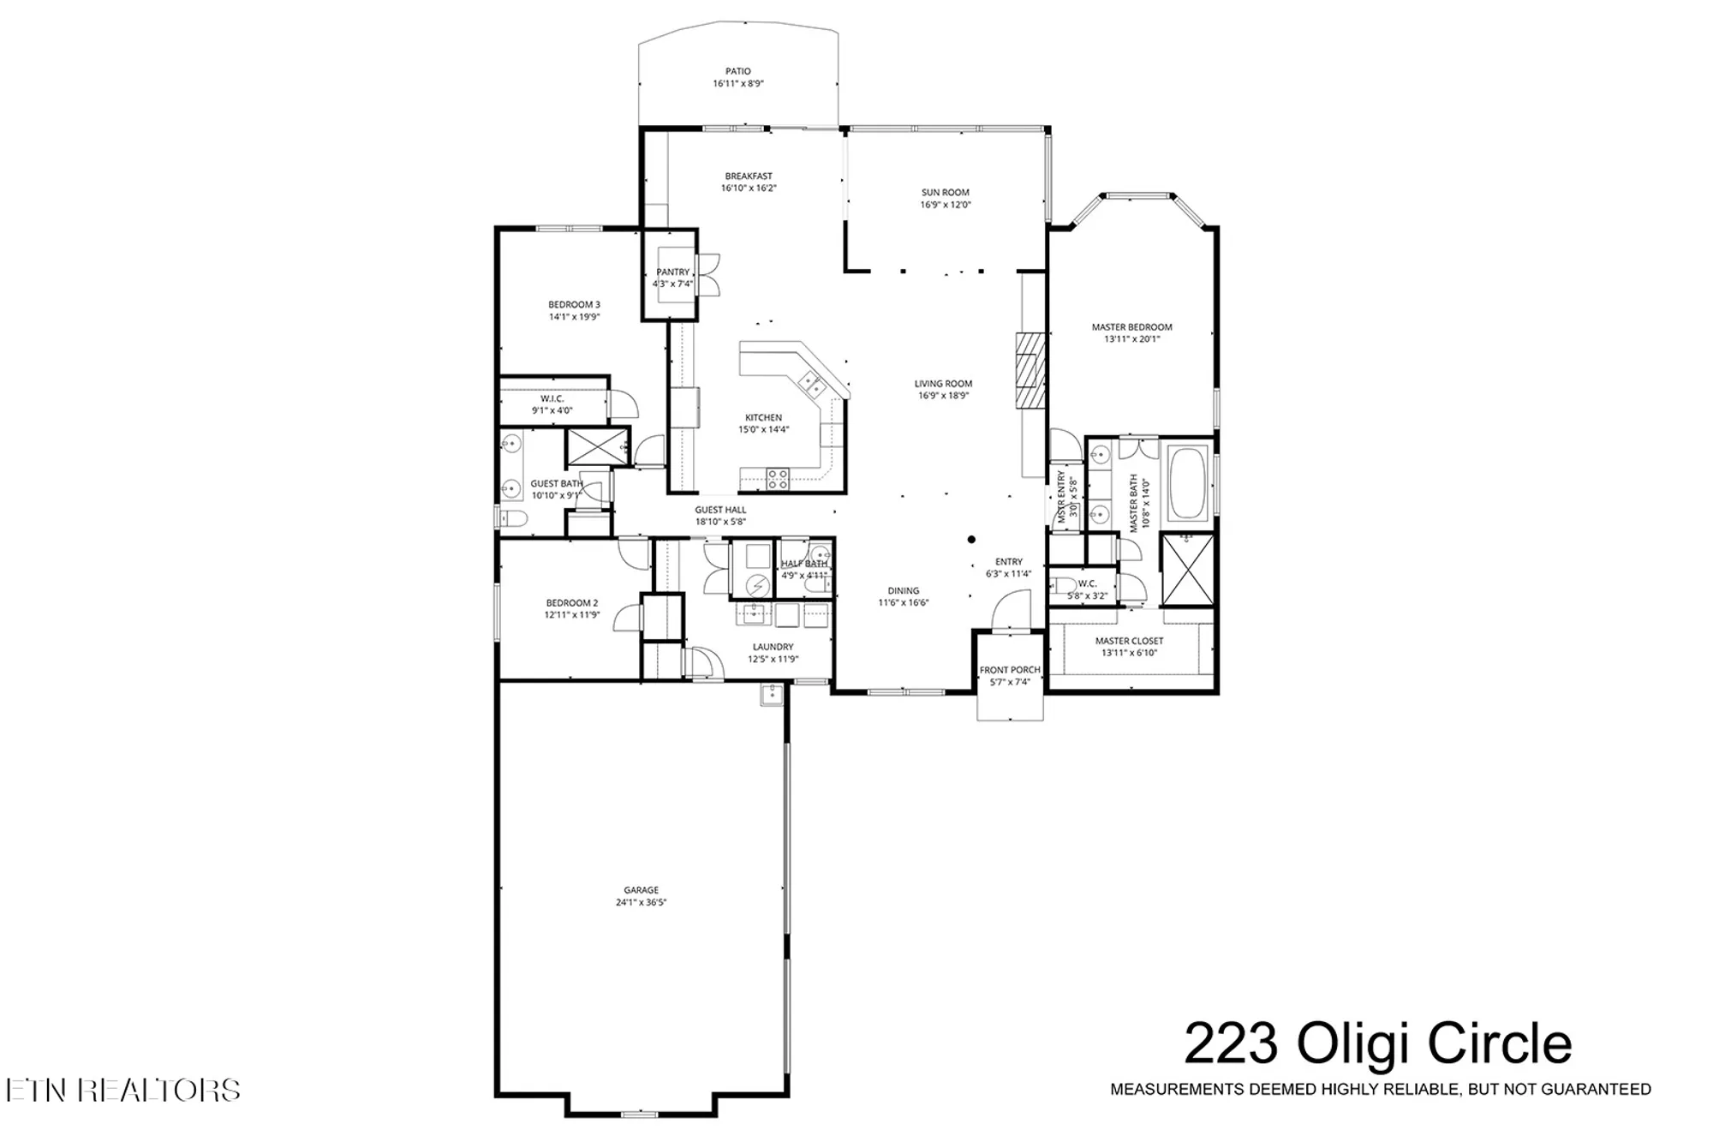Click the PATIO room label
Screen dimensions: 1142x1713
(737, 72)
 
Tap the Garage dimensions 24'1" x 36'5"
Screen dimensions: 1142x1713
(641, 902)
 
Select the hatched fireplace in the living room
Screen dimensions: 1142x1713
(1030, 370)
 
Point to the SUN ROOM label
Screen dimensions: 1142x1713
(945, 193)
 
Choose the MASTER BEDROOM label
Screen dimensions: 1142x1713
(1131, 327)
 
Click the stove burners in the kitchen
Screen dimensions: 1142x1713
(777, 478)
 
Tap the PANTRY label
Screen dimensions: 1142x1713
(672, 272)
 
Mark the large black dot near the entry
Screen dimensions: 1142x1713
(971, 540)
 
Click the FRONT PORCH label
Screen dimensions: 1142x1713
(1010, 670)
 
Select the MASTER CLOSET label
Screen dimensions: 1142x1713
(1129, 641)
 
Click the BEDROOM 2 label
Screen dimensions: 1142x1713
(572, 603)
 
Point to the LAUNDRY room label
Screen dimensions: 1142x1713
(773, 647)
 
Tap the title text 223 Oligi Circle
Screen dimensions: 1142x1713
(1377, 1044)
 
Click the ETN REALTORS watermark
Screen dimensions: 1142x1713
(122, 1090)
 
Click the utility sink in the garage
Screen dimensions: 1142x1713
(772, 695)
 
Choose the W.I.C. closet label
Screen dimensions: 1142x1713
(552, 399)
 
